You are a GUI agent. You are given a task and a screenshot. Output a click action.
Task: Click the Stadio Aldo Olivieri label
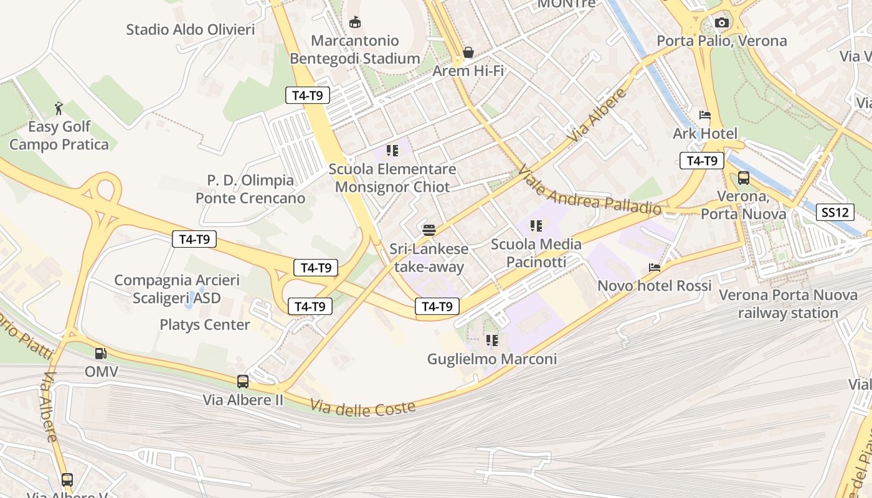191,29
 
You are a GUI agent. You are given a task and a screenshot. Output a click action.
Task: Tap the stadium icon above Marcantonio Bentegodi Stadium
355,22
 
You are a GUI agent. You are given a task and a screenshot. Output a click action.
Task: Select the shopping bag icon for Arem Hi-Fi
468,52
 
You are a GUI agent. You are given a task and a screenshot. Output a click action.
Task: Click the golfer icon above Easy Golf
59,108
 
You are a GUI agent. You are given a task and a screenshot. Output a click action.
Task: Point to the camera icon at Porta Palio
722,23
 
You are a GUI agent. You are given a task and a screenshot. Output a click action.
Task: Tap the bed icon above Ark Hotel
705,115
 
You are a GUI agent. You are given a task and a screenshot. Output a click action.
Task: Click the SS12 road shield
835,212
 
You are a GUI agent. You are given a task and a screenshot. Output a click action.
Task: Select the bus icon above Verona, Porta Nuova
743,178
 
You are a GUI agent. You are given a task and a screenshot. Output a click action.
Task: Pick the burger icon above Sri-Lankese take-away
429,230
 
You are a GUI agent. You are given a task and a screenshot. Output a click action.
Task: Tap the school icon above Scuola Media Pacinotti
536,225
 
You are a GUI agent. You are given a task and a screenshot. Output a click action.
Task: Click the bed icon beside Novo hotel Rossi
655,268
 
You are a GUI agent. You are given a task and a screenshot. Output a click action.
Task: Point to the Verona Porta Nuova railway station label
788,304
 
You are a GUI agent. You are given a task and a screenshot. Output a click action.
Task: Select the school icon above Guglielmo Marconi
492,341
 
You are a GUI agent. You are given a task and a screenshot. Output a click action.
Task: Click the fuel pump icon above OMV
100,354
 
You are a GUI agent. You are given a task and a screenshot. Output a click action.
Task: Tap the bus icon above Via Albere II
243,381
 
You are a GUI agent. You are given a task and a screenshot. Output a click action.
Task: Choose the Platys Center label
205,324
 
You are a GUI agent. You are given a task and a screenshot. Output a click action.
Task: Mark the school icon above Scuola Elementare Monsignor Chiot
392,150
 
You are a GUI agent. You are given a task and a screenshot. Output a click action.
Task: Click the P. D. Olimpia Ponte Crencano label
250,189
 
